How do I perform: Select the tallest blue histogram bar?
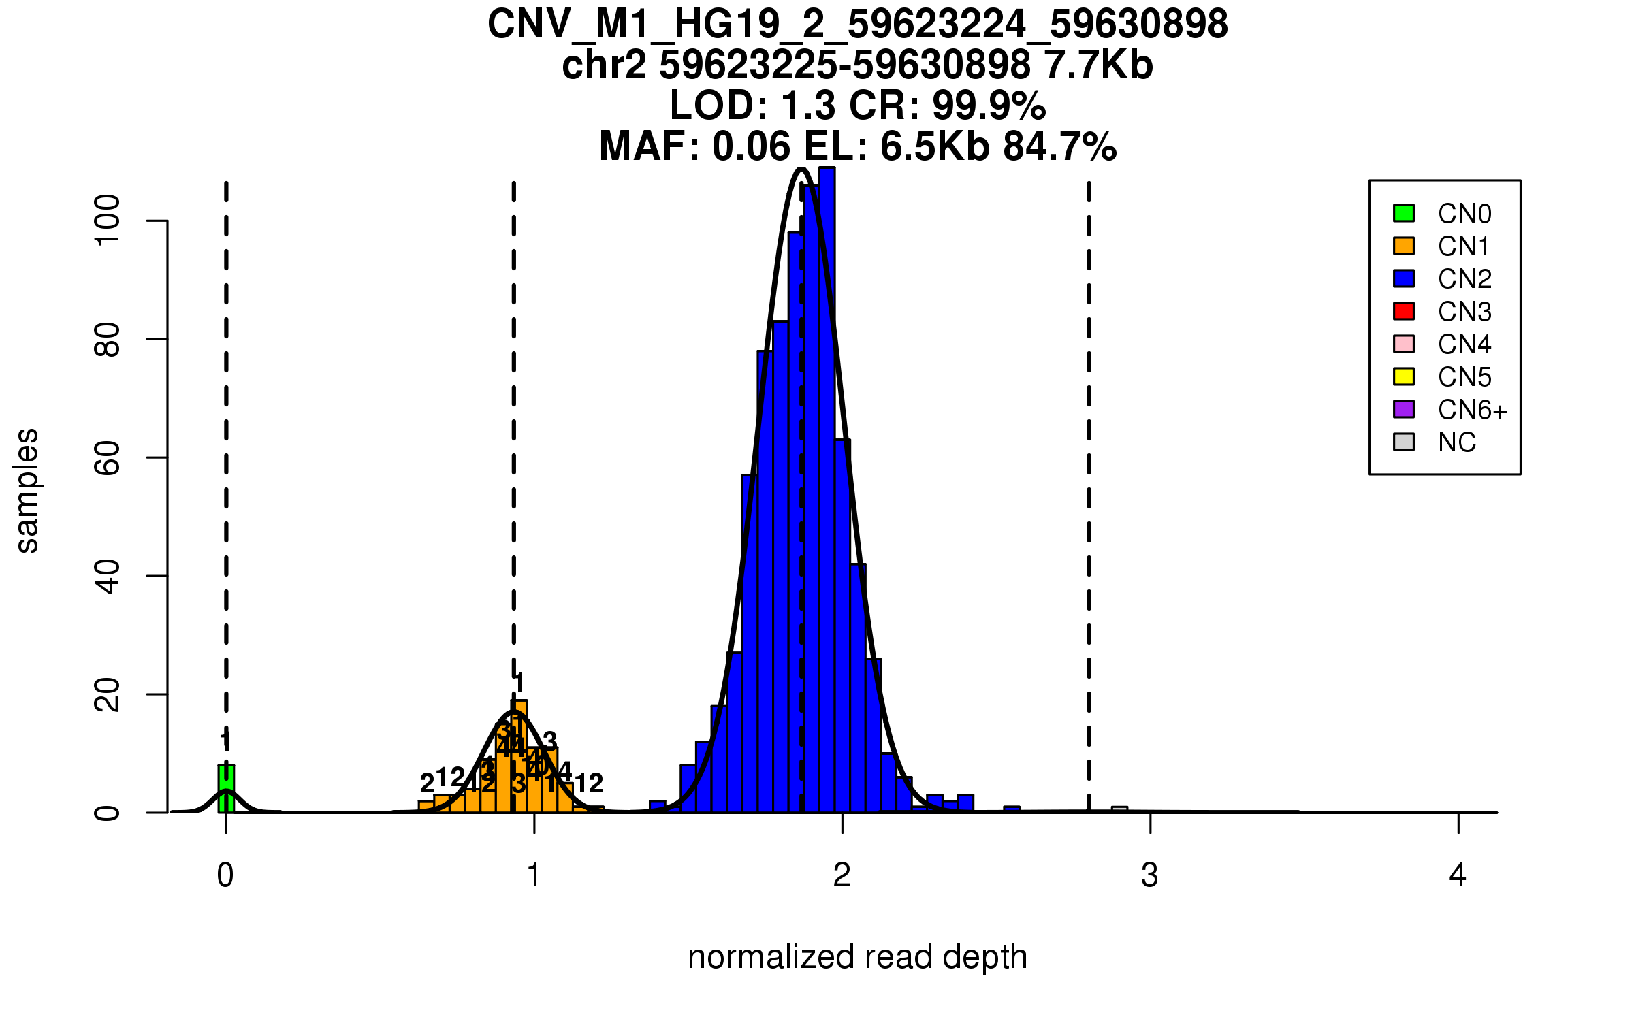pos(827,490)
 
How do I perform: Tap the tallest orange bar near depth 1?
pos(519,756)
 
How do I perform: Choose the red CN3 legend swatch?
pos(1404,311)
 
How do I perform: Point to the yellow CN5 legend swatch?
pos(1404,376)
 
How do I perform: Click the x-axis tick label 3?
pos(1150,875)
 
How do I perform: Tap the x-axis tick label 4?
pos(1458,875)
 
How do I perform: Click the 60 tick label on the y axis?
pos(108,457)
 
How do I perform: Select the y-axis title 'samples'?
pos(27,490)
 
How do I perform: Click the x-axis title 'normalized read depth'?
pos(857,957)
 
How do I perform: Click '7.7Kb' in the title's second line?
pos(1098,65)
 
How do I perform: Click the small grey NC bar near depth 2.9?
pos(1119,809)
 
